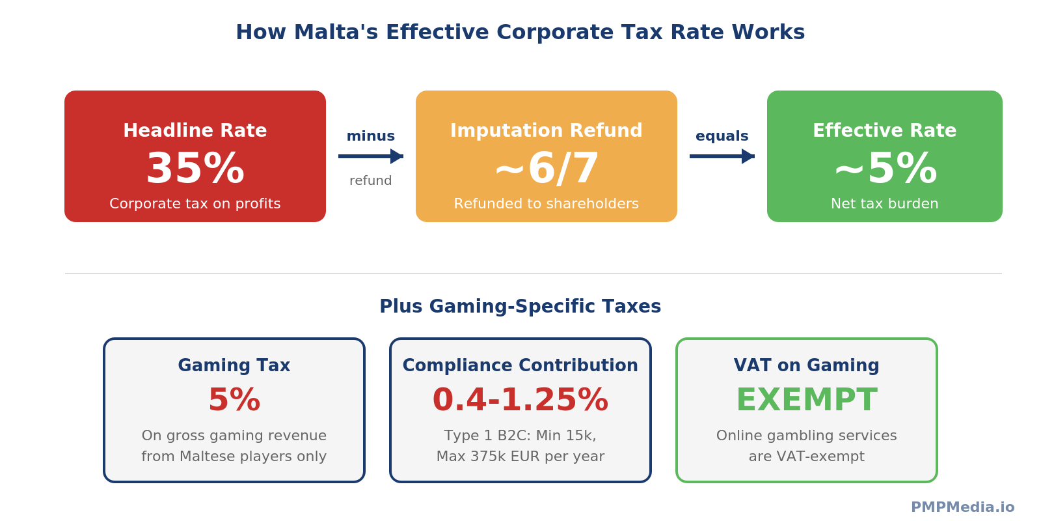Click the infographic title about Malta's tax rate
tap(520, 33)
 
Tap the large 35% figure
tap(195, 169)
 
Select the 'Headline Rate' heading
tap(195, 131)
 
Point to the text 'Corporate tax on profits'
tap(195, 204)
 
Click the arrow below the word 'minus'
tap(370, 156)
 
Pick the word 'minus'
tap(370, 136)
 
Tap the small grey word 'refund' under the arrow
tap(370, 181)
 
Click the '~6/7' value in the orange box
tap(547, 169)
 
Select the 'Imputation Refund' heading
tap(547, 131)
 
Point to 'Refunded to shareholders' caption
tap(547, 204)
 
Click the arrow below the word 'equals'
tap(722, 156)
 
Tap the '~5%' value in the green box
tap(885, 169)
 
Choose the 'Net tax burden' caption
tap(885, 204)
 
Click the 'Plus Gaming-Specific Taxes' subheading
tap(520, 307)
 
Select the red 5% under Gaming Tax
tap(234, 400)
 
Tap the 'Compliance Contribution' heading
tap(520, 365)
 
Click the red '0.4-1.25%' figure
tap(520, 400)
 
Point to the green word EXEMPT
tap(807, 400)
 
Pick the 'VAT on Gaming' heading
tap(807, 365)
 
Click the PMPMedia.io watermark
tap(962, 507)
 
